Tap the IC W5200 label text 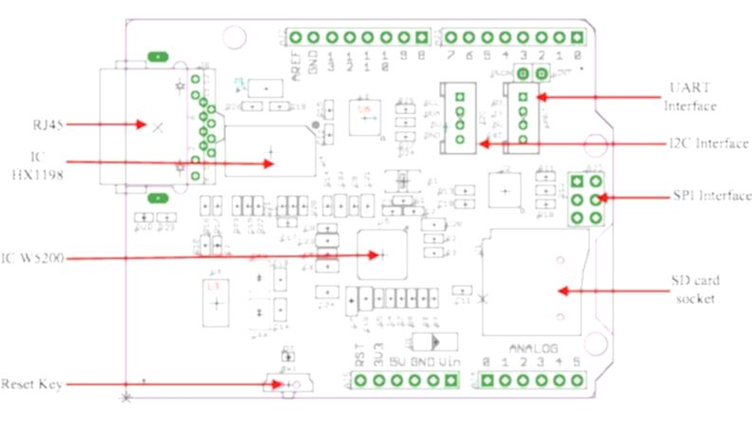coord(34,257)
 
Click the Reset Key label coord(32,384)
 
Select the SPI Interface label coord(708,197)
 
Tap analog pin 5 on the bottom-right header coord(576,381)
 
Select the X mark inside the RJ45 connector coord(156,125)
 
